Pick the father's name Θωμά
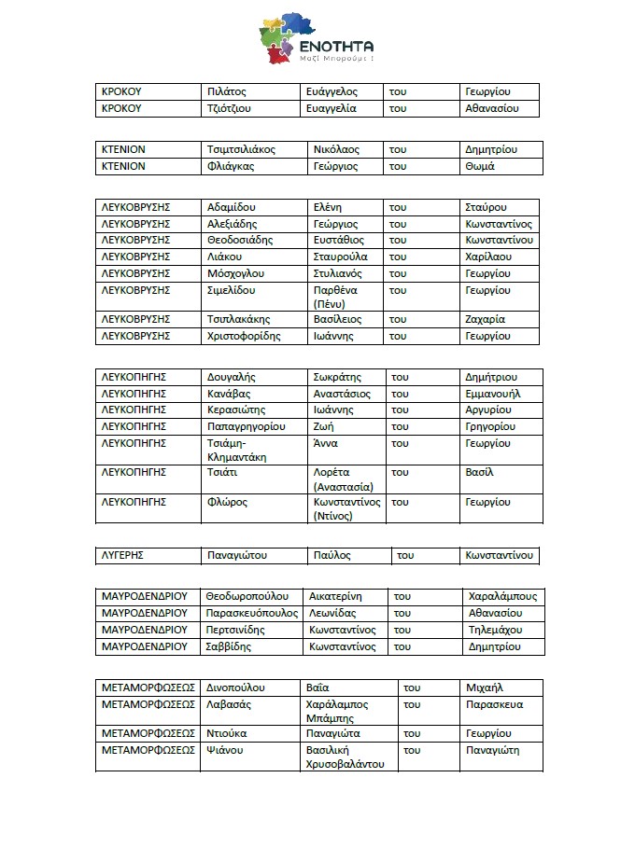pyautogui.click(x=479, y=166)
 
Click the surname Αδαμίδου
pyautogui.click(x=232, y=207)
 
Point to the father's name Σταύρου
pyautogui.click(x=487, y=207)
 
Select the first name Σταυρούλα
pyautogui.click(x=341, y=257)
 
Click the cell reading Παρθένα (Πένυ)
pyautogui.click(x=335, y=297)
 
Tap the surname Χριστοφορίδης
pyautogui.click(x=244, y=336)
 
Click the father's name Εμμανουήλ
pyautogui.click(x=493, y=394)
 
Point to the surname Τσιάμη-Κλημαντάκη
pyautogui.click(x=237, y=450)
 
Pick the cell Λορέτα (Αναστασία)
pyautogui.click(x=344, y=479)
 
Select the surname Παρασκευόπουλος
pyautogui.click(x=252, y=613)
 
